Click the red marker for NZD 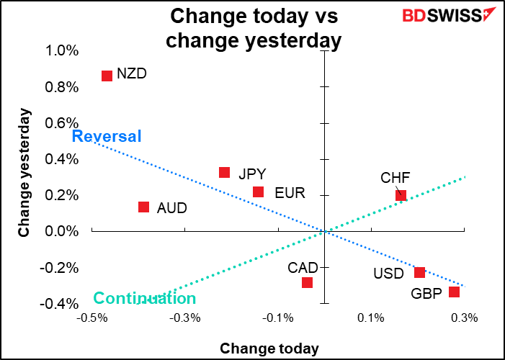tap(107, 76)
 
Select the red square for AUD tap(143, 207)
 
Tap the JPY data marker tap(224, 173)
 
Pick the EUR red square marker tap(258, 192)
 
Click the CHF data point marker tap(401, 195)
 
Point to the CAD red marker tap(307, 282)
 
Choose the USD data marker tap(419, 272)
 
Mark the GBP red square tap(454, 292)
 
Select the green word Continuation tap(144, 299)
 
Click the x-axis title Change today tap(269, 348)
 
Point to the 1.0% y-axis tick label tap(62, 51)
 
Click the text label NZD tap(130, 74)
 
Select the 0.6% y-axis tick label tap(62, 123)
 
